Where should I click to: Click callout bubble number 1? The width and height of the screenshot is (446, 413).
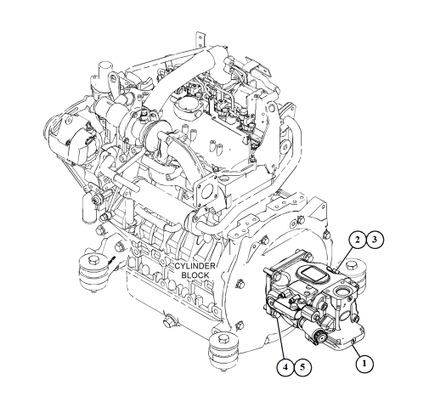364,363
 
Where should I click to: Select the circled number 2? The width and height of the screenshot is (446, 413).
358,240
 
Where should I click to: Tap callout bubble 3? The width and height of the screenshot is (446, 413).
375,240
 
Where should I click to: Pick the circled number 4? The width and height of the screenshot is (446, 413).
285,367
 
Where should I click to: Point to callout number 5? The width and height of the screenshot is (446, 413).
302,367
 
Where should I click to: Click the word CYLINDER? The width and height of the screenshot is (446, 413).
195,266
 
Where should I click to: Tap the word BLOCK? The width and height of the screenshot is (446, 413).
195,275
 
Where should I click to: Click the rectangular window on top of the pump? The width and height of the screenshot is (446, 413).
313,274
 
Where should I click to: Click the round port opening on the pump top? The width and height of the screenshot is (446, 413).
342,291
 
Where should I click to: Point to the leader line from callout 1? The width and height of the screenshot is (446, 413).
357,350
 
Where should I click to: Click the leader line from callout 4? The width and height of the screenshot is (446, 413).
281,338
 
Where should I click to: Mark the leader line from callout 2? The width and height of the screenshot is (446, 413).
344,258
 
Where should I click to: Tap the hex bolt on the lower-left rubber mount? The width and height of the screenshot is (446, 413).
93,260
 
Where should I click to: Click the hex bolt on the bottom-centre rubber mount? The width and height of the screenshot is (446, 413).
223,340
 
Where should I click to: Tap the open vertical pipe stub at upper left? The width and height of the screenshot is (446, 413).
104,69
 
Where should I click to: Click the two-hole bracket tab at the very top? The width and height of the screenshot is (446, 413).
200,39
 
